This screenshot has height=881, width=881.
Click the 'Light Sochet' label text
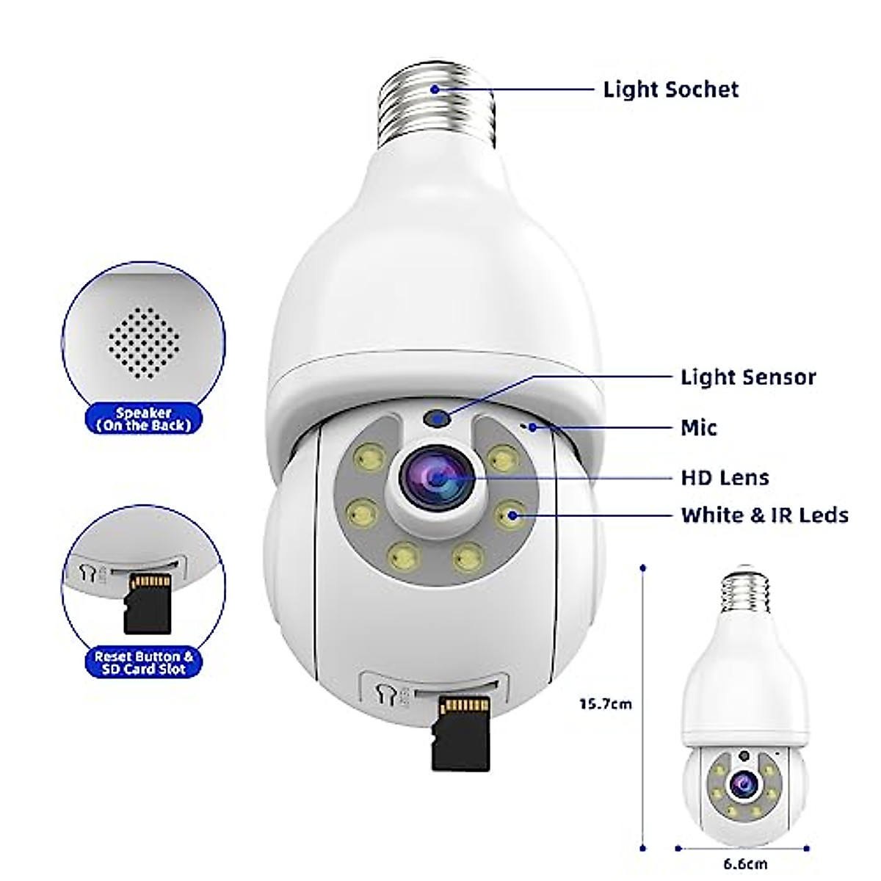(x=671, y=90)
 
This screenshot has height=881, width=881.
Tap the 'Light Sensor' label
(x=748, y=377)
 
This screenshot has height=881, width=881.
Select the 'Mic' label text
(x=699, y=427)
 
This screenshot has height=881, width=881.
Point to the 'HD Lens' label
(x=725, y=478)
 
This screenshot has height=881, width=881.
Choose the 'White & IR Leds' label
(x=764, y=515)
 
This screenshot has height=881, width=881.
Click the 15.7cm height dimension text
(x=605, y=704)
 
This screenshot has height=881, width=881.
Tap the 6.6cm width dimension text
(x=744, y=864)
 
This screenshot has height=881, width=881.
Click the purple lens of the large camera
(x=437, y=478)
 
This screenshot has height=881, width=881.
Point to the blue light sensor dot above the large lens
(x=439, y=419)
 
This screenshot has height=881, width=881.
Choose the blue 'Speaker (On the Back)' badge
(x=142, y=418)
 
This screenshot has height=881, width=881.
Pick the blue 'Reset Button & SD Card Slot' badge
(x=144, y=661)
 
